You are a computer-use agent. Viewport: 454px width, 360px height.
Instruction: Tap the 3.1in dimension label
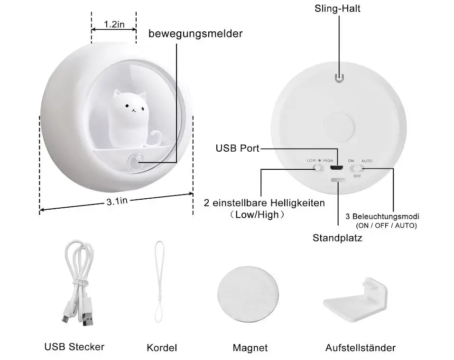click(x=117, y=202)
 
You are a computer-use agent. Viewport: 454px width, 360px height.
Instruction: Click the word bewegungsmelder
click(x=195, y=34)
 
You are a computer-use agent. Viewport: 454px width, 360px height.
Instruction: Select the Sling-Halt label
click(x=337, y=9)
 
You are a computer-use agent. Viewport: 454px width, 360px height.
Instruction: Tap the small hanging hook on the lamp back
click(x=338, y=78)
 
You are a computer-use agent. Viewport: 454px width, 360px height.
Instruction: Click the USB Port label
click(x=237, y=148)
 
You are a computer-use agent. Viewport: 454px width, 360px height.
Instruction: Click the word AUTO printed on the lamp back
click(x=367, y=161)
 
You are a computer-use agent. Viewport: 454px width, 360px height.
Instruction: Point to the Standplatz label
click(x=337, y=238)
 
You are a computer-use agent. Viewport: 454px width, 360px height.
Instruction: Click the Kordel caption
click(x=162, y=348)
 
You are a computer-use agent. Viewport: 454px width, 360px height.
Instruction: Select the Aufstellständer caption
click(x=360, y=348)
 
